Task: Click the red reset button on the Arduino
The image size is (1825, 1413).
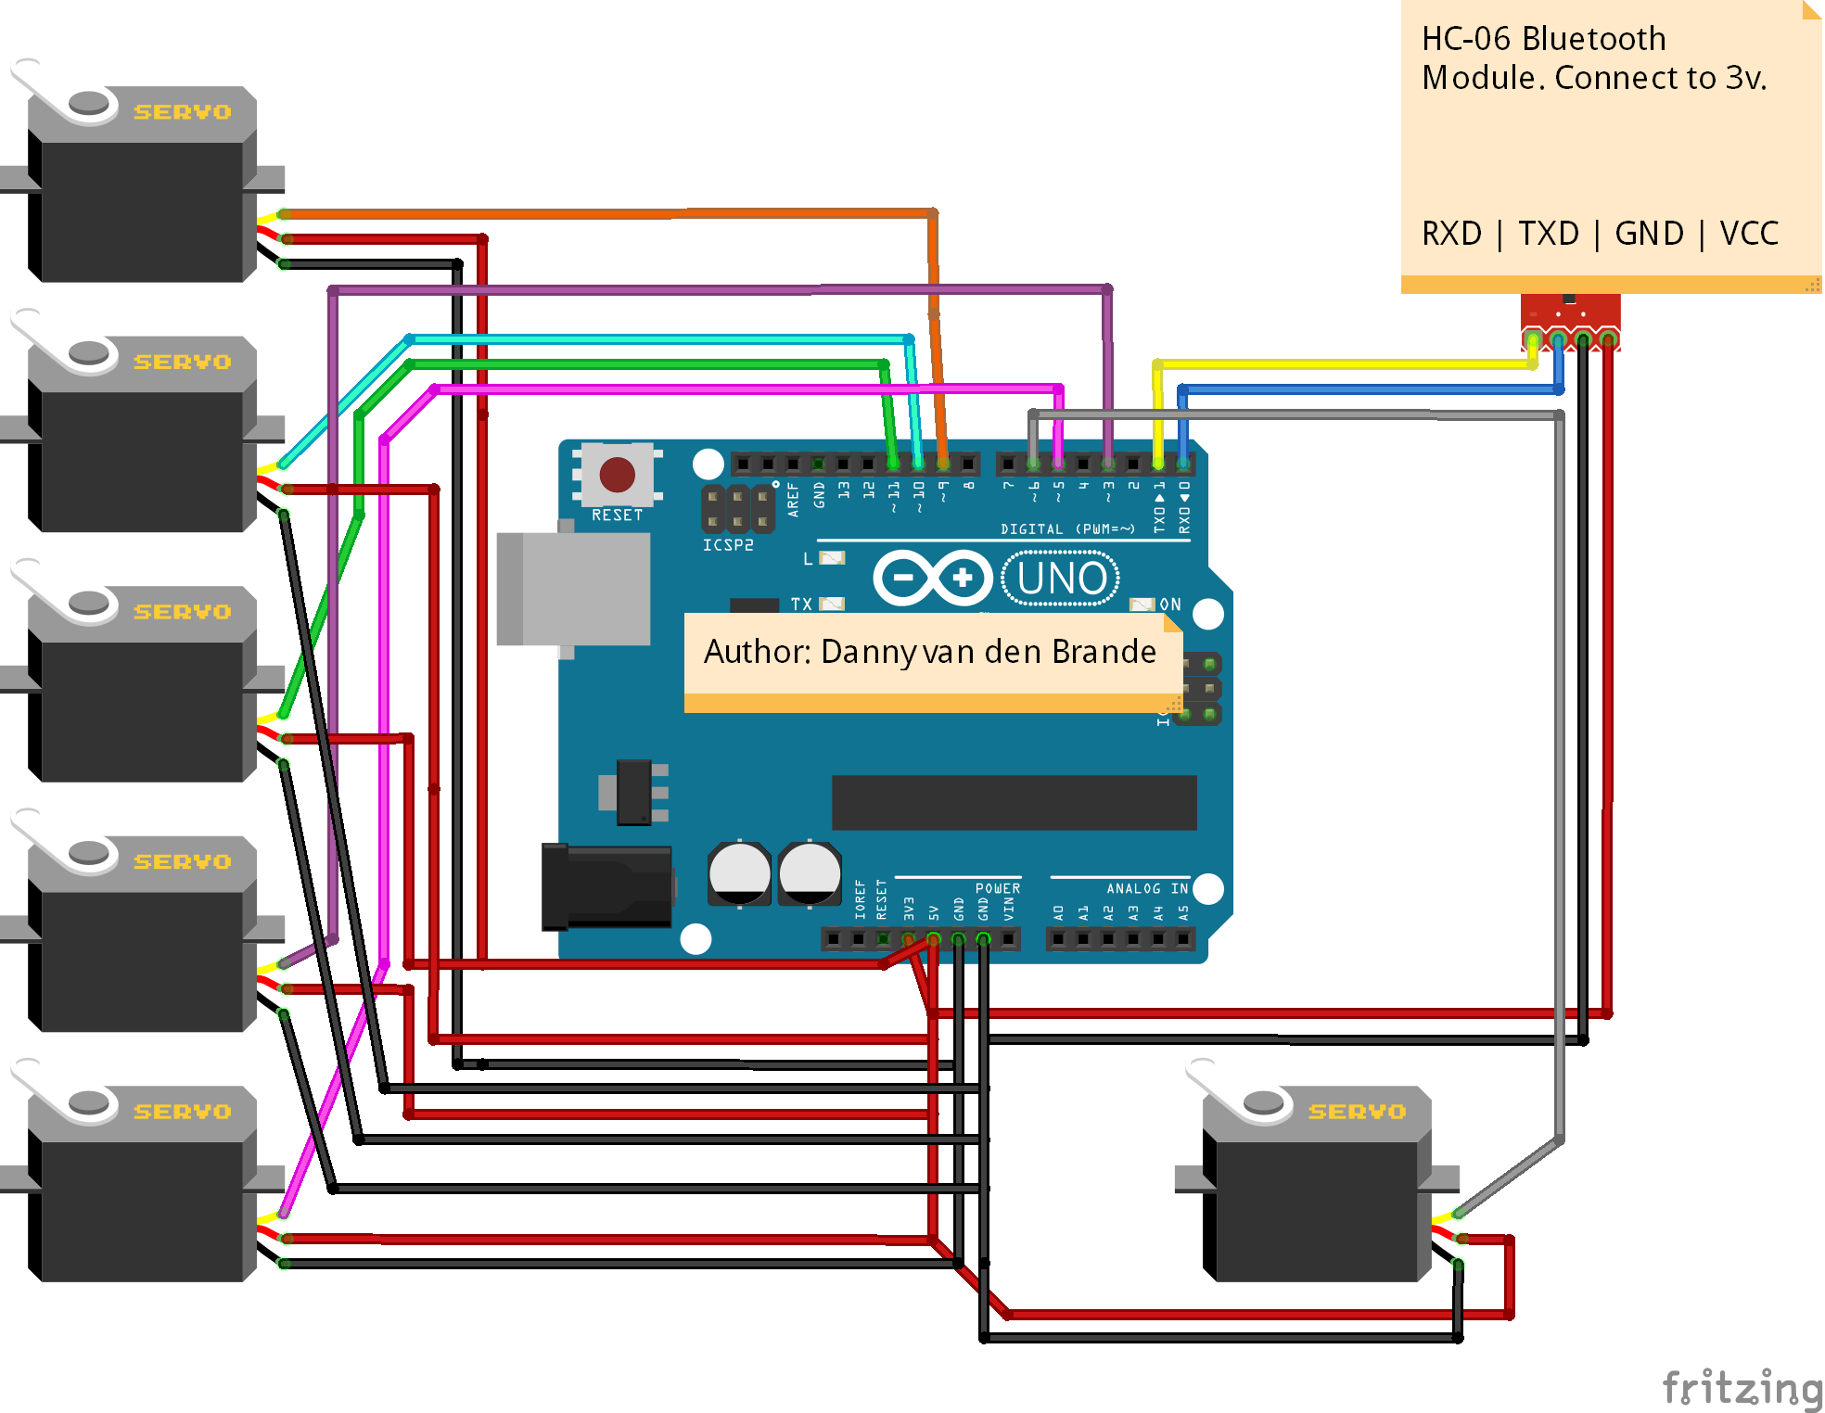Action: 617,475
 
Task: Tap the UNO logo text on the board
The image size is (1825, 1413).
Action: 1061,579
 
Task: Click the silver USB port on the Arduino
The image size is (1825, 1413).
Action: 575,589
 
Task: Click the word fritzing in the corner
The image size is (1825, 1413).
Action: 1742,1388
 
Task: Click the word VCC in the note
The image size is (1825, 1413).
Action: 1749,234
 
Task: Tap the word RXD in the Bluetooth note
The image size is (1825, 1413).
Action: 1451,234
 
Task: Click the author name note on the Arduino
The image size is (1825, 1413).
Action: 930,653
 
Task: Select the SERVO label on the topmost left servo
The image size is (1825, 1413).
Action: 182,112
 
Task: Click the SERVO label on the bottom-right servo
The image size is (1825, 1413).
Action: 1357,1112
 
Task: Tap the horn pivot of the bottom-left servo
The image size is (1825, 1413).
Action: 89,1102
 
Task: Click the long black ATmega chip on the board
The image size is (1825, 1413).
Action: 1014,802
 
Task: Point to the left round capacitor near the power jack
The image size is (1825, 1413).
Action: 739,872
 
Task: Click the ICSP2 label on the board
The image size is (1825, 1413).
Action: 728,545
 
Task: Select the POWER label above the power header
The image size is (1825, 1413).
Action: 997,888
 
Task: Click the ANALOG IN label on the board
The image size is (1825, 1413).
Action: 1146,888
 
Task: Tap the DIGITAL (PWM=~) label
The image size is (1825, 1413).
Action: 1067,529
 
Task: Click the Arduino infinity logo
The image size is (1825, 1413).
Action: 933,579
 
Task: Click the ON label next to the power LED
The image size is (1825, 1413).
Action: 1170,605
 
